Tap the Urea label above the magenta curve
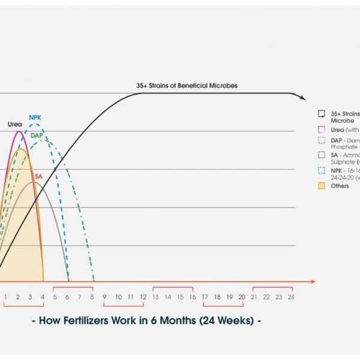point(15,124)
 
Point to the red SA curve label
point(38,176)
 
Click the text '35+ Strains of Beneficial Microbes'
point(187,86)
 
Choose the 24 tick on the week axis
point(290,296)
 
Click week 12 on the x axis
point(142,296)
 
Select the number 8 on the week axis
point(91,296)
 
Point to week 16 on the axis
point(192,296)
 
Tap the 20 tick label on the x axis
point(241,296)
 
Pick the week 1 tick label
point(5,296)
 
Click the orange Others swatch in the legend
point(322,186)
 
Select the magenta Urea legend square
point(322,129)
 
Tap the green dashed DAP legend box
point(322,140)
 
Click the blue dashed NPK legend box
point(322,170)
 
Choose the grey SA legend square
point(322,155)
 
